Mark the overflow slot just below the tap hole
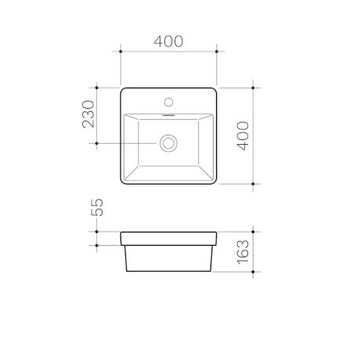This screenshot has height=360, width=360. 168,114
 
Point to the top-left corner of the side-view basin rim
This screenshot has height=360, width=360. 119,232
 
